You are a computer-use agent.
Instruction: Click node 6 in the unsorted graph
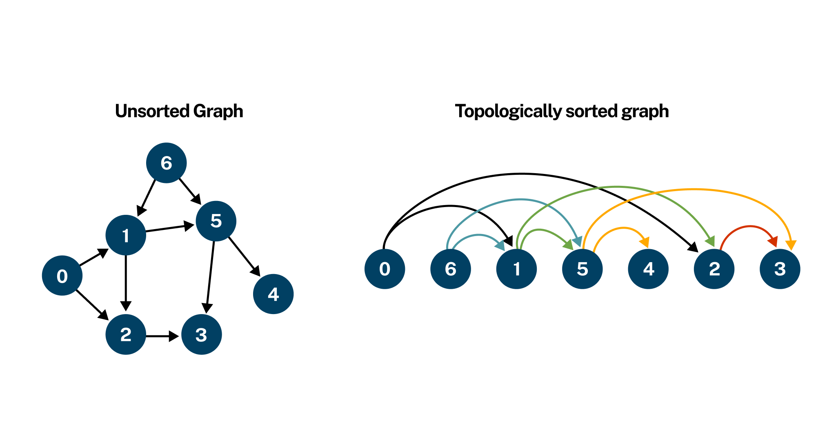pyautogui.click(x=166, y=163)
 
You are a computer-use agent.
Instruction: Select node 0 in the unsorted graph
pyautogui.click(x=62, y=276)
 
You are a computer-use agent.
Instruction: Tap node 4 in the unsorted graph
pyautogui.click(x=273, y=294)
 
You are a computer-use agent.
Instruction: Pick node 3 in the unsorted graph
pyautogui.click(x=201, y=334)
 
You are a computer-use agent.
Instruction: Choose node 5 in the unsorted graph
pyautogui.click(x=216, y=221)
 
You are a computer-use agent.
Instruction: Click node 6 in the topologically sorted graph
pyautogui.click(x=450, y=269)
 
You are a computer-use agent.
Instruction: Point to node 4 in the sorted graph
pyautogui.click(x=648, y=269)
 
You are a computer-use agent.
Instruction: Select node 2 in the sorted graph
pyautogui.click(x=714, y=269)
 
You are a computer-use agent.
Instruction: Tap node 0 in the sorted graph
pyautogui.click(x=385, y=269)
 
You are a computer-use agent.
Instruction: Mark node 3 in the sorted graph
pyautogui.click(x=780, y=269)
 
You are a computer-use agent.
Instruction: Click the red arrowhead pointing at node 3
pyautogui.click(x=772, y=241)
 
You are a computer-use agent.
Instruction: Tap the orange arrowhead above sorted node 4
pyautogui.click(x=644, y=242)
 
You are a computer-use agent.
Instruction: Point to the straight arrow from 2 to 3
pyautogui.click(x=162, y=336)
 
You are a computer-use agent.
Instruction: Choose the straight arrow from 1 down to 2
pyautogui.click(x=126, y=282)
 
